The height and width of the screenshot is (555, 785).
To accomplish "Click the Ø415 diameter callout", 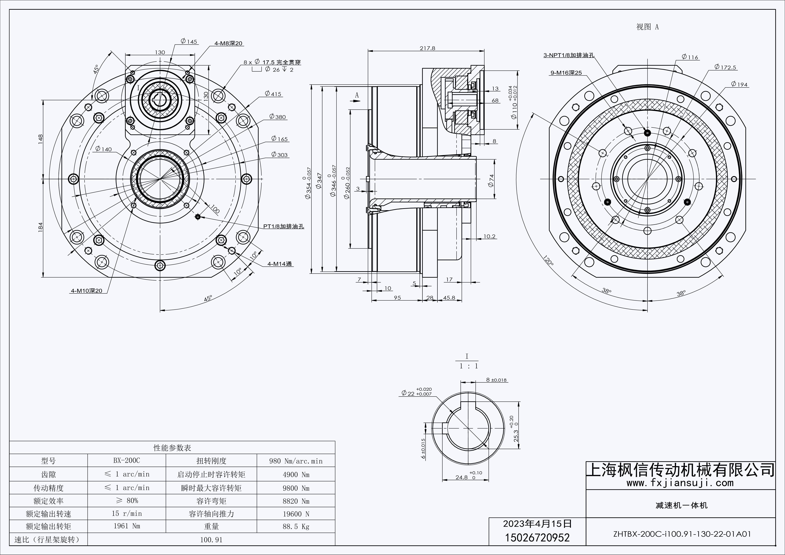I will pyautogui.click(x=274, y=94).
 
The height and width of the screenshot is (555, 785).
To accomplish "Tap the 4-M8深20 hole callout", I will pyautogui.click(x=228, y=43).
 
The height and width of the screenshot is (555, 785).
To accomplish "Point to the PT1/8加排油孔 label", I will pyautogui.click(x=283, y=226).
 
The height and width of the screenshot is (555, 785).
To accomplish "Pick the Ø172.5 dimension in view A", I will pyautogui.click(x=725, y=67).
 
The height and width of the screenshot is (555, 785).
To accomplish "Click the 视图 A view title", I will pyautogui.click(x=647, y=27).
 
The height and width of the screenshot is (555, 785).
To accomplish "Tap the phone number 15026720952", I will pyautogui.click(x=538, y=538).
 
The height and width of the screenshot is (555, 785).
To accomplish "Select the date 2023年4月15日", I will pyautogui.click(x=538, y=524).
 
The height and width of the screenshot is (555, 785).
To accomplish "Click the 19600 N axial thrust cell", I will pyautogui.click(x=296, y=514).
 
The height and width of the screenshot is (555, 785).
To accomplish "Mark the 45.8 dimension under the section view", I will pyautogui.click(x=449, y=298).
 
